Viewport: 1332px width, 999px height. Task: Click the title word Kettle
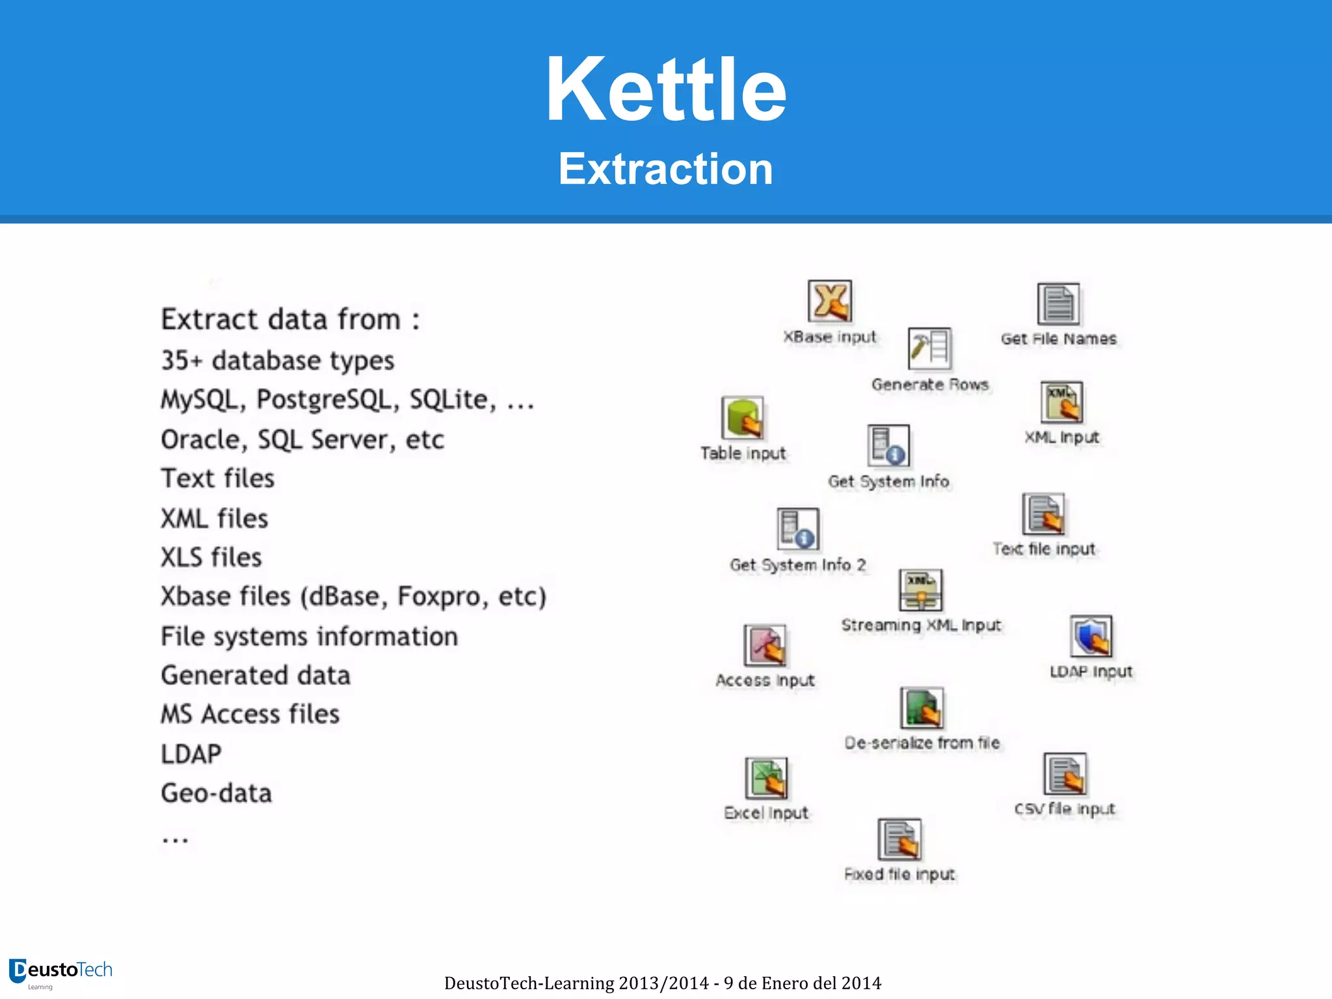(x=666, y=90)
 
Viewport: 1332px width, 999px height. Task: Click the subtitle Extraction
(x=666, y=169)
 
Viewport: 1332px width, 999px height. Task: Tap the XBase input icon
(x=830, y=301)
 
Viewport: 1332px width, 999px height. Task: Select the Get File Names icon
(x=1058, y=304)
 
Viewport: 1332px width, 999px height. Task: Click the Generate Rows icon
(x=929, y=349)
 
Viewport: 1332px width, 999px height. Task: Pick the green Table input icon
(x=743, y=418)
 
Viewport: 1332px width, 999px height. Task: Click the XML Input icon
(x=1061, y=403)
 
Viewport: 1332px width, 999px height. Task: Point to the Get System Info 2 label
(x=798, y=565)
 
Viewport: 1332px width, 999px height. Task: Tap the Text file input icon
(x=1043, y=514)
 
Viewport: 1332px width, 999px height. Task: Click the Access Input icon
(x=765, y=645)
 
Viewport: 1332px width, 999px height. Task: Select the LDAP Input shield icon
(x=1091, y=637)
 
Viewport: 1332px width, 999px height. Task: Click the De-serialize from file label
(x=922, y=743)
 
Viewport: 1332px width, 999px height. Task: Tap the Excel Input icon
(x=766, y=778)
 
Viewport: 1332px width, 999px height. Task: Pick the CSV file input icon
(x=1065, y=774)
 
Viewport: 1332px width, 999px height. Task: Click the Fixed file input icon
(x=899, y=840)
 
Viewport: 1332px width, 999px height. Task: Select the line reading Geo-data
(x=217, y=793)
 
